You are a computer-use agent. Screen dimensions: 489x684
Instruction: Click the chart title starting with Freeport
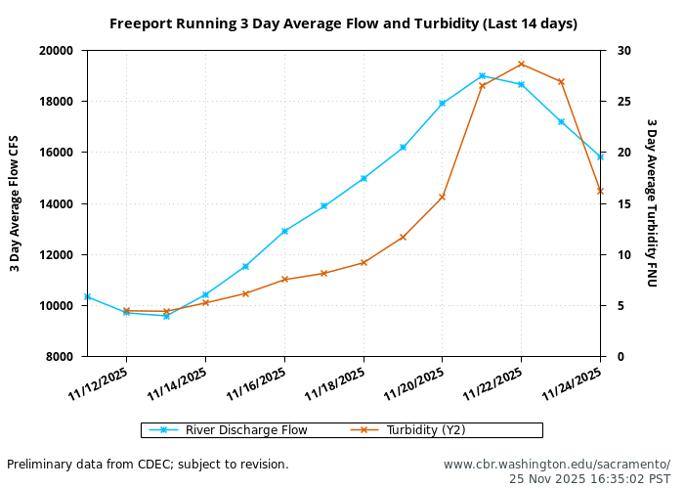[343, 23]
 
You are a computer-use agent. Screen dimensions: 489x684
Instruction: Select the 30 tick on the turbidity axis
[622, 51]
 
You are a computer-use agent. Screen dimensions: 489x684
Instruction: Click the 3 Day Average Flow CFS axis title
[15, 203]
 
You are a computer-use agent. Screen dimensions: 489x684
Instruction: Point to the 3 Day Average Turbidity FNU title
[652, 203]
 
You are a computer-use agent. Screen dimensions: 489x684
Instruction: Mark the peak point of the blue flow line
[482, 75]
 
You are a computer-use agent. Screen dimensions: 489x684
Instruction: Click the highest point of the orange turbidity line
[521, 64]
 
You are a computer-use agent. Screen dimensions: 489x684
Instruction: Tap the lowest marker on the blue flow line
[166, 316]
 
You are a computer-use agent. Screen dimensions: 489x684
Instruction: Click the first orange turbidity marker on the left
[126, 311]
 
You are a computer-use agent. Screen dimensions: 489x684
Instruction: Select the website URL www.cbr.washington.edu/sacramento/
[557, 465]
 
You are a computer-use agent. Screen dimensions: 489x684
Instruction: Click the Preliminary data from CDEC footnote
[148, 465]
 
